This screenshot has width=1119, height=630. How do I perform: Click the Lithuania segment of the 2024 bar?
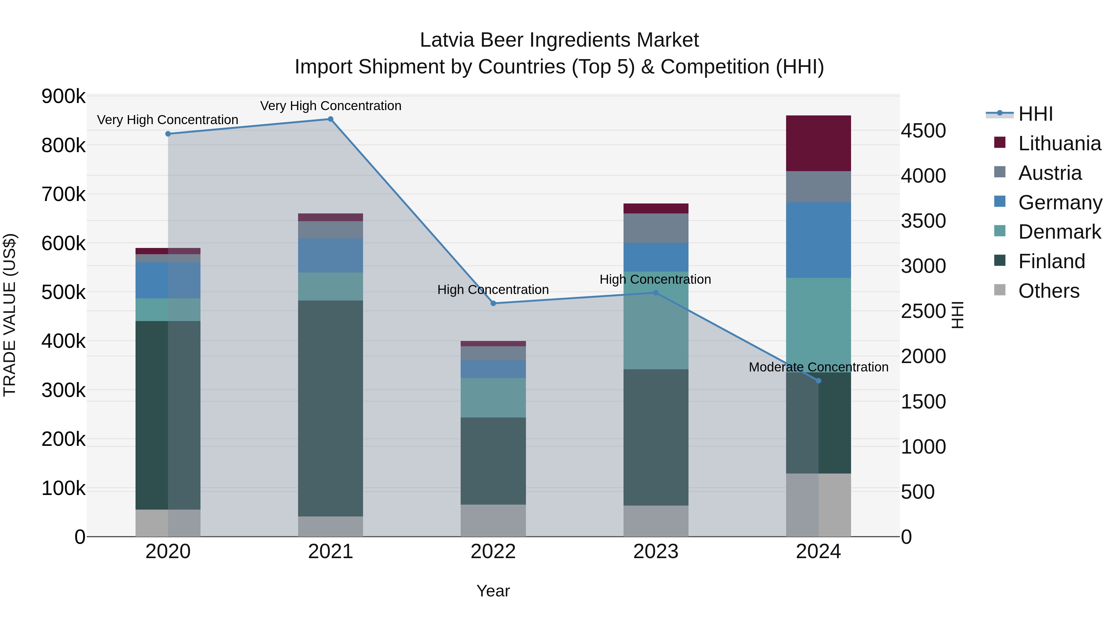(x=818, y=143)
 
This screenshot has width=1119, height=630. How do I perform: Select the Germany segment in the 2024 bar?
(x=818, y=240)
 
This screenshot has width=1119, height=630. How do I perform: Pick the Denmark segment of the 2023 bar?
(x=656, y=320)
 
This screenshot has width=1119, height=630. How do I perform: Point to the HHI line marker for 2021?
(x=330, y=119)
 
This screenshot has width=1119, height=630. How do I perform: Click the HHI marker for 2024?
(x=818, y=381)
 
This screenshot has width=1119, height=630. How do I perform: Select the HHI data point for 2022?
(x=493, y=303)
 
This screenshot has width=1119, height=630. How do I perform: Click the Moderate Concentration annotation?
(x=818, y=367)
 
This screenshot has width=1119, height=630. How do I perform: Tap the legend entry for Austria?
(x=1049, y=173)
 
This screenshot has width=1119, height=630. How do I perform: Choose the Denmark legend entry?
(x=1059, y=232)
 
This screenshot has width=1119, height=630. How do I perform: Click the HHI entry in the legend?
(x=1035, y=114)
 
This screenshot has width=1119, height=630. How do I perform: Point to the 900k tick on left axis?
(x=63, y=96)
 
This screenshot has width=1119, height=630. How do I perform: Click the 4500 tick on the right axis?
(x=923, y=131)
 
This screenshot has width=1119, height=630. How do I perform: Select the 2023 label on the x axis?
(x=656, y=552)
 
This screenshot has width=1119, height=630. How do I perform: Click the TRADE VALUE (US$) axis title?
(x=10, y=315)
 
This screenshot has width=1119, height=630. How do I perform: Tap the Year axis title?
(x=493, y=591)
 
